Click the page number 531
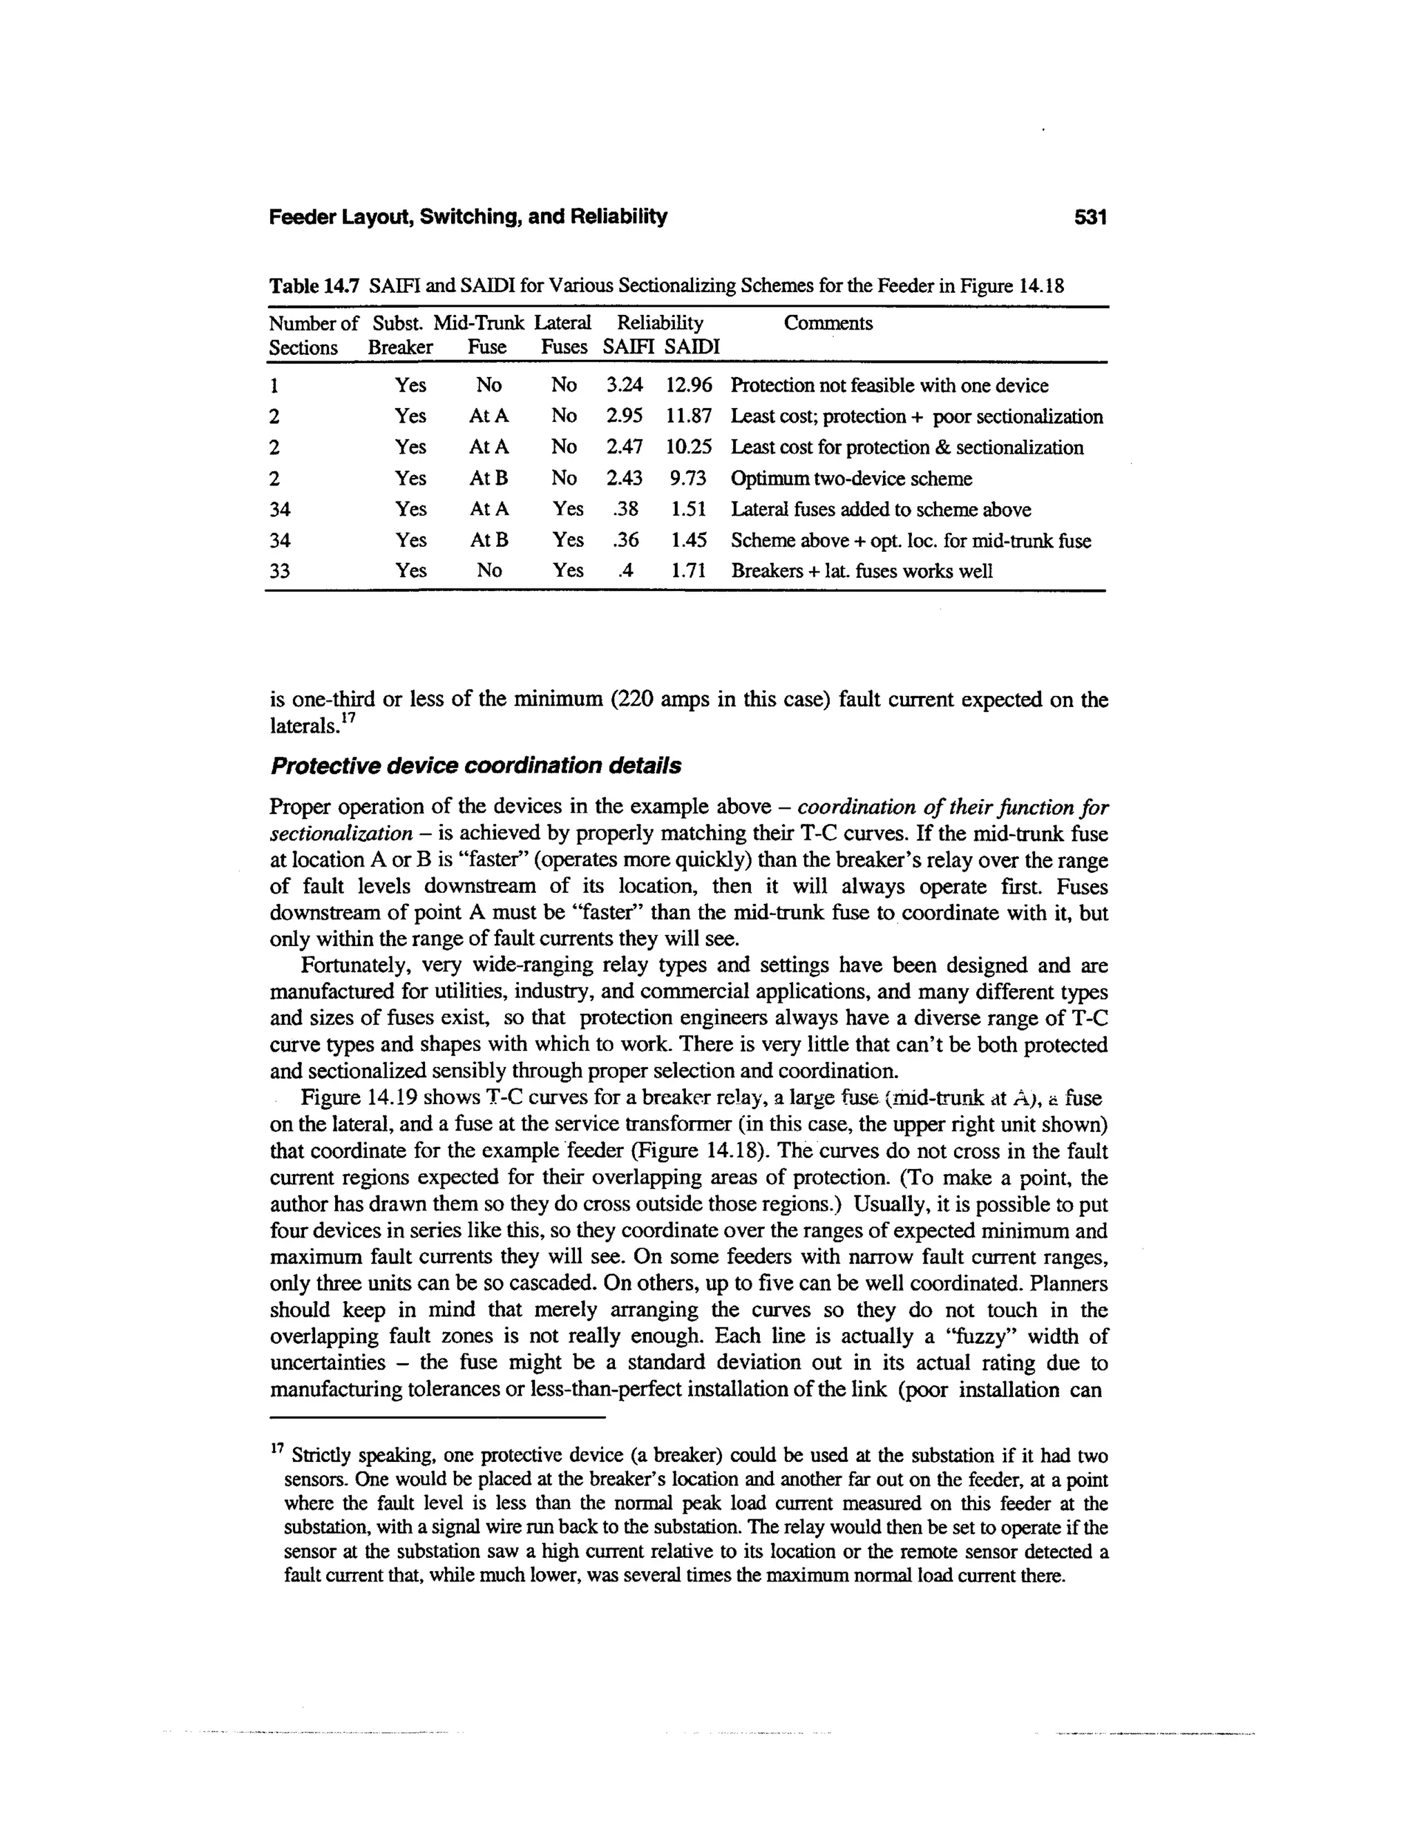[1090, 218]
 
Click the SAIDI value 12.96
[688, 385]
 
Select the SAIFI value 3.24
[625, 385]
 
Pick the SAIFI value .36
[626, 541]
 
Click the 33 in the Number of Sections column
[280, 572]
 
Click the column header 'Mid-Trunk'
[479, 323]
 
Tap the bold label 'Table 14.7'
[314, 286]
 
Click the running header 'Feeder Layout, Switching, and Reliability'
[468, 218]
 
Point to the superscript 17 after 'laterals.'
[348, 719]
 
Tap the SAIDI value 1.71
[687, 572]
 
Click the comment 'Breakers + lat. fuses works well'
[862, 572]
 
